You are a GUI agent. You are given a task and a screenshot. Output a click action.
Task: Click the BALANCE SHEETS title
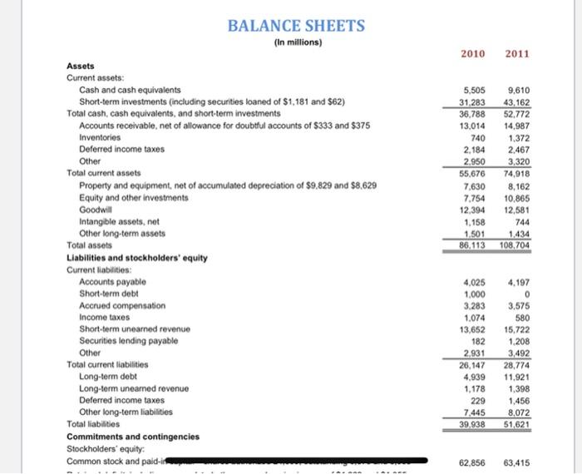click(297, 25)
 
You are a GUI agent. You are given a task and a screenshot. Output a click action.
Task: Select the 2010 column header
click(472, 54)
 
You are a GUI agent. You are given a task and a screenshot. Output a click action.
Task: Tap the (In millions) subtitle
click(297, 42)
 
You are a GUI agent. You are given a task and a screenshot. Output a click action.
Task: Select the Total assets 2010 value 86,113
click(472, 247)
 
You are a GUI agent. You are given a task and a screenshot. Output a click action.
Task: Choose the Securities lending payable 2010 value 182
click(477, 341)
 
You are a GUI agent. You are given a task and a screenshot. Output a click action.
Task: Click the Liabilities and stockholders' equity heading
click(136, 258)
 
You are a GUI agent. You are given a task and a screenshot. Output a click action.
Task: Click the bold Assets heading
click(81, 66)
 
